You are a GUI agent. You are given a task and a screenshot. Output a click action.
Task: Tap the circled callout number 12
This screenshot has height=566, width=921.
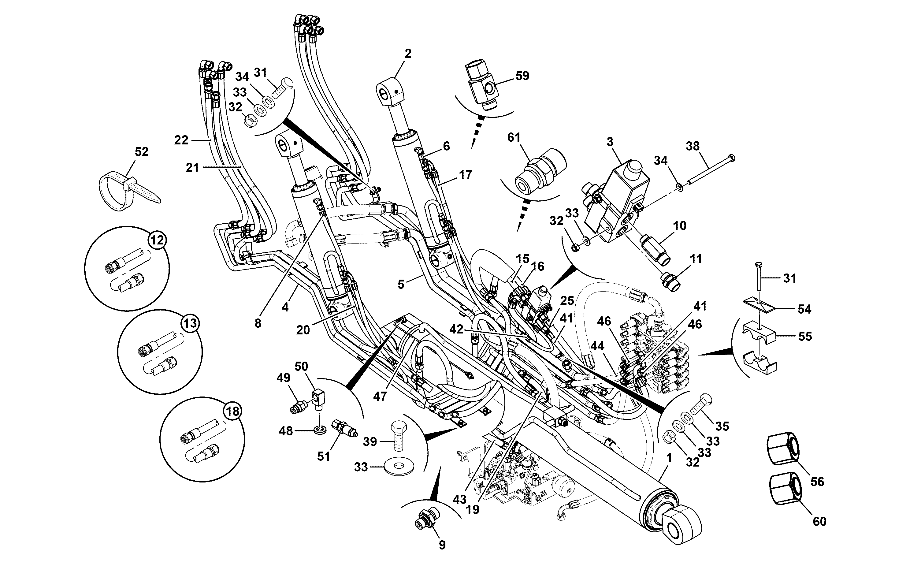click(x=157, y=240)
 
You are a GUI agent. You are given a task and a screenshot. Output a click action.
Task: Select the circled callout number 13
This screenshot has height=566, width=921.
click(x=191, y=323)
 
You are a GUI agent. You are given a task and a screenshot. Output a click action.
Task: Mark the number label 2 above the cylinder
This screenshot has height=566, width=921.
click(x=408, y=54)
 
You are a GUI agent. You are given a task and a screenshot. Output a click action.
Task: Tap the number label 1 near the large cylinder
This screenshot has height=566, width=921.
click(x=670, y=457)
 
